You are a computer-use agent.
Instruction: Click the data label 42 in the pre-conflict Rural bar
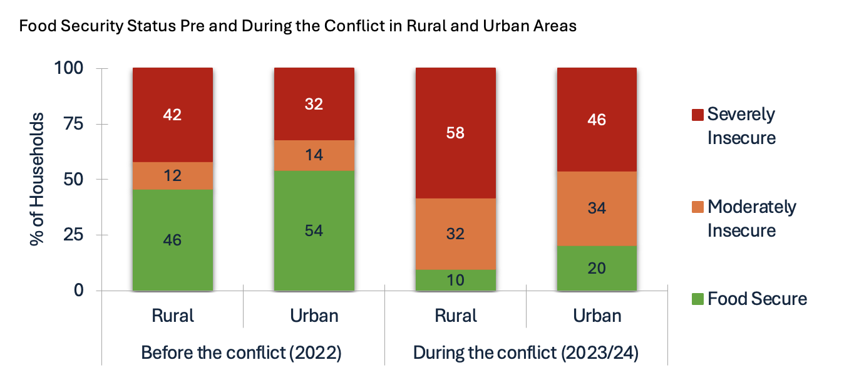tap(172, 115)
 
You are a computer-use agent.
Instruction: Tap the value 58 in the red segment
tap(456, 133)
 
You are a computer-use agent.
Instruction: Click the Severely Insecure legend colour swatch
tap(696, 115)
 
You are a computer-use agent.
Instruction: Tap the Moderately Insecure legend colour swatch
tap(696, 207)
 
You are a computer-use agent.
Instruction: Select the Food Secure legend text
tap(757, 299)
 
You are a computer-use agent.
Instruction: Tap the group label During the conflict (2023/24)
tap(525, 353)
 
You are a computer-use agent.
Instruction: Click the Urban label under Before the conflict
tap(314, 315)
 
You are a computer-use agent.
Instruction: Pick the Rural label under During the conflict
tap(455, 315)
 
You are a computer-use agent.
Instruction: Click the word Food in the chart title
tap(36, 26)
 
